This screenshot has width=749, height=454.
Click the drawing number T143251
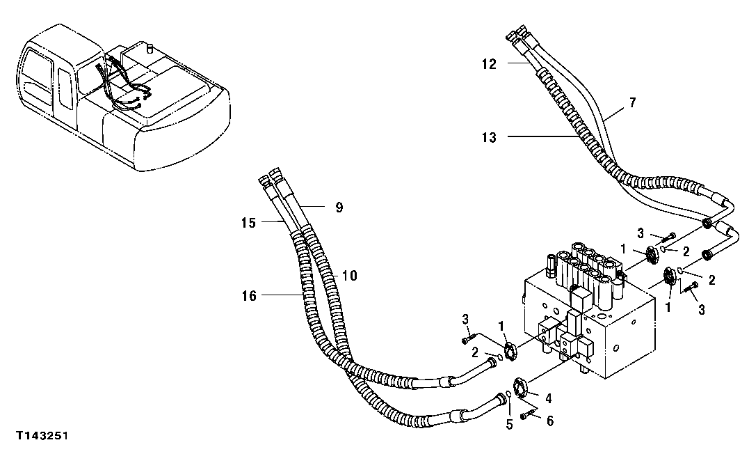(x=44, y=435)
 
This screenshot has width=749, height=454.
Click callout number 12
(x=489, y=64)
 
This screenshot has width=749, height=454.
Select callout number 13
(x=489, y=137)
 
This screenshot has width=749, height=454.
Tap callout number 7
(x=631, y=102)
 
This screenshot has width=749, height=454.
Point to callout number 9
(x=339, y=207)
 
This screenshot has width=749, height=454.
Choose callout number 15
(x=248, y=223)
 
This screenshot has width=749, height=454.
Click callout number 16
(x=248, y=296)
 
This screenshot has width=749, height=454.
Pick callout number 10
(x=349, y=276)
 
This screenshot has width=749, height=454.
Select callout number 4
(x=548, y=399)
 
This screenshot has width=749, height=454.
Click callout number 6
(x=549, y=421)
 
